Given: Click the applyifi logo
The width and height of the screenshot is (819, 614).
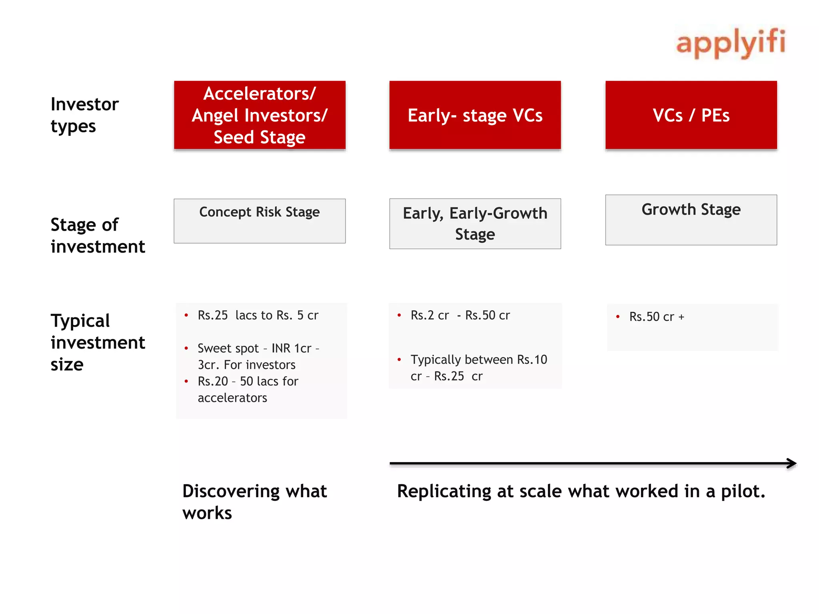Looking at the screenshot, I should pos(730,43).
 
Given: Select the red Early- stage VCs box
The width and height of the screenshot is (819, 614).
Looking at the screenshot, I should pos(475,115).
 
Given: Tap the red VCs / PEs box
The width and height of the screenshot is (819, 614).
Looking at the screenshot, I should pos(691,115).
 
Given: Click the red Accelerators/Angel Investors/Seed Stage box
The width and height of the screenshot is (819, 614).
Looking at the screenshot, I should pos(260,115).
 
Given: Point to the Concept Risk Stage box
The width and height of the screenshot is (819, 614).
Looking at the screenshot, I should pos(260,221).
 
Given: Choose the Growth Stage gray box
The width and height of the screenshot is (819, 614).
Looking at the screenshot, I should pos(691,220).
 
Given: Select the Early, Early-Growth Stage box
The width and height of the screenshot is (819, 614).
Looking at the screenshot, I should pos(475,223).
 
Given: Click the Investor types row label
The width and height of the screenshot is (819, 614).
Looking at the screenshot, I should pos(84,115).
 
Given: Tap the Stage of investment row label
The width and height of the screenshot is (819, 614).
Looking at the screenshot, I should pos(98,235).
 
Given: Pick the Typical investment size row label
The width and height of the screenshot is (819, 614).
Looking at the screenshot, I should pos(98,342).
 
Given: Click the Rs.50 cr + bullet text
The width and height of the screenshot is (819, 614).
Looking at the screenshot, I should pos(657,317).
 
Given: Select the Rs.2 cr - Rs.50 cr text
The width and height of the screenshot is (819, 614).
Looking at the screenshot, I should pos(460,315).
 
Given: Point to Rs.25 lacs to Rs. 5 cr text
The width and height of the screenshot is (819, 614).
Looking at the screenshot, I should pos(258,315).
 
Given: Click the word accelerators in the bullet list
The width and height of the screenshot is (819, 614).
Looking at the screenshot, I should pos(232,398).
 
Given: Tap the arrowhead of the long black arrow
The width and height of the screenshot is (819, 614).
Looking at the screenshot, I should pos(792,463).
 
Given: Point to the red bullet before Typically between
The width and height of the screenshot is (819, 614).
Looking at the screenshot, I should pos(399,359).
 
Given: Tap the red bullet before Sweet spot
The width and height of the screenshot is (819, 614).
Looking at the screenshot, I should pos(186,348).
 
